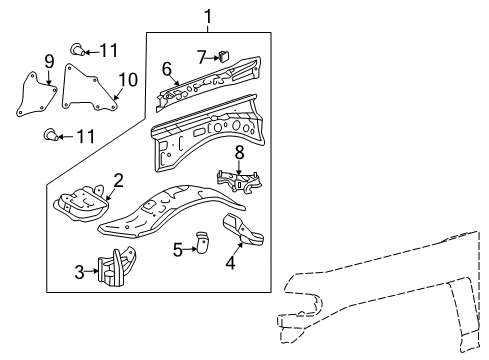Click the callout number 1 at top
(x=208, y=15)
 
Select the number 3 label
(x=80, y=270)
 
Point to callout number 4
(x=230, y=265)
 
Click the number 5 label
(x=177, y=249)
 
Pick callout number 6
(x=167, y=68)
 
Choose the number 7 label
(x=201, y=56)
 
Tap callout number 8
(x=239, y=152)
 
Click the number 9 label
(x=48, y=62)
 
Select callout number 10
(x=126, y=78)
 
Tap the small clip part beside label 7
(x=224, y=56)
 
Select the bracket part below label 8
(x=240, y=183)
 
